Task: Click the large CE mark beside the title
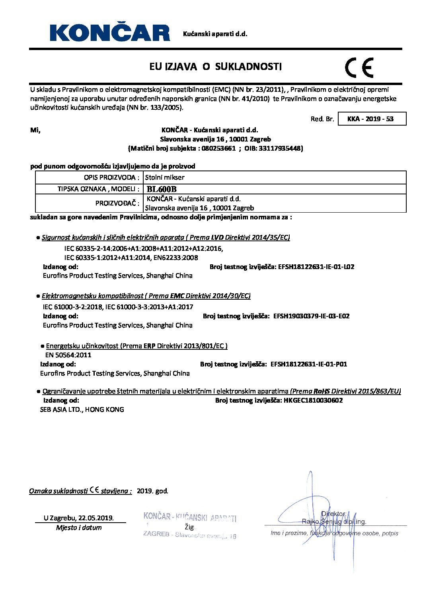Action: tap(359, 68)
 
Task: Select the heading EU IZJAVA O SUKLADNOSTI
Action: tap(215, 67)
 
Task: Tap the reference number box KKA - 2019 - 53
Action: tap(370, 119)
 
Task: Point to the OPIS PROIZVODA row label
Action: tap(112, 177)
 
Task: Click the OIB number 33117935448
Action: tap(280, 149)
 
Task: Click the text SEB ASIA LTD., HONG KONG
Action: tap(82, 409)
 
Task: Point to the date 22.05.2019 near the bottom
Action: tap(96, 518)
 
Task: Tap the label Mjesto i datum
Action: tap(79, 528)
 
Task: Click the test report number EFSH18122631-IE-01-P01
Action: tap(309, 364)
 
